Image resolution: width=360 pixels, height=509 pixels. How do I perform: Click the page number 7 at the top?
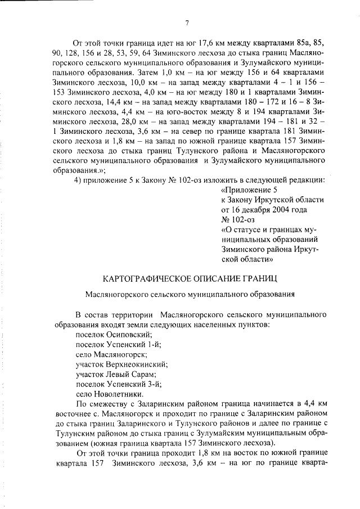[x=186, y=22]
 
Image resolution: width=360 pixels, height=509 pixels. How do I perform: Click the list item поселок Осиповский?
[x=110, y=334]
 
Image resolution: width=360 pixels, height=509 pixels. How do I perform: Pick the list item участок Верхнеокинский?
[x=121, y=364]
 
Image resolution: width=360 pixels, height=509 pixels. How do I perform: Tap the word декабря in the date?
[x=253, y=210]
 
